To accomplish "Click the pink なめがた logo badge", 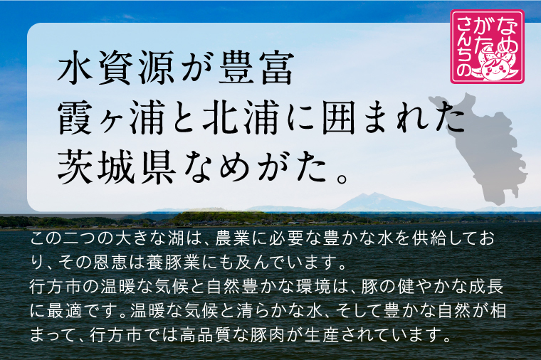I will click(x=488, y=46).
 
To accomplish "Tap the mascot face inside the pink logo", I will click(x=495, y=68).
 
